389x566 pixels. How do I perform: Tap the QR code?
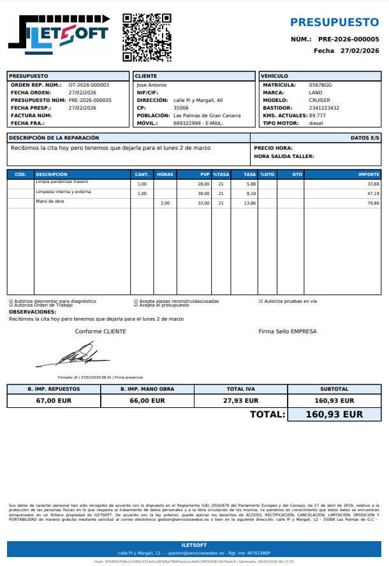147,37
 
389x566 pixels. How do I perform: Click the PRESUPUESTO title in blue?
334,22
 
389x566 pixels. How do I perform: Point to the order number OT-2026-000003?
89,85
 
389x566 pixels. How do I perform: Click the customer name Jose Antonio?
152,85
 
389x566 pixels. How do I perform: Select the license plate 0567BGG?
320,85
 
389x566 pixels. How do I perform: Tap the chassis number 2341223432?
324,108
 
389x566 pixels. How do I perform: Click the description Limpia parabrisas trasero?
62,182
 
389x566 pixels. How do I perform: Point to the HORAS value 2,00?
165,203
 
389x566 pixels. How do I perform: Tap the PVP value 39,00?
203,193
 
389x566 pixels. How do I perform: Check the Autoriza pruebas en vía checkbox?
261,301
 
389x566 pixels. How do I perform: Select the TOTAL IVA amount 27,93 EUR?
240,401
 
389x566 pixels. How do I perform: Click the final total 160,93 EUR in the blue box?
334,414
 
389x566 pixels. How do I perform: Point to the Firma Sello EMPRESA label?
287,331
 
